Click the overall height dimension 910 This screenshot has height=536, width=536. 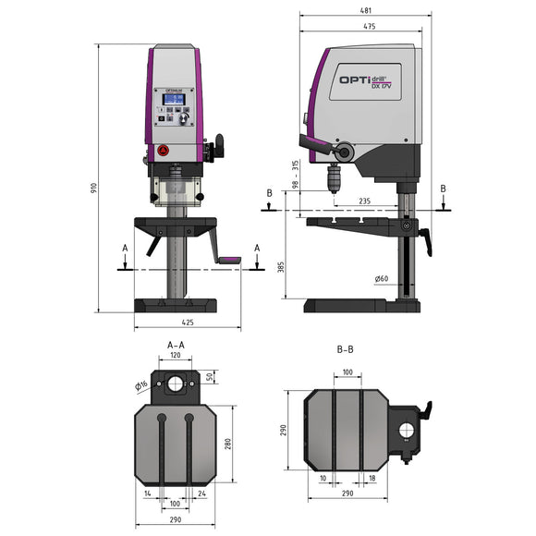(94, 188)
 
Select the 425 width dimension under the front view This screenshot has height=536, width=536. (188, 323)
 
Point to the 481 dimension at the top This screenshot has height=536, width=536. (367, 11)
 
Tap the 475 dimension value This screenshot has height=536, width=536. (368, 26)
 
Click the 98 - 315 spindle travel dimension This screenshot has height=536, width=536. (295, 177)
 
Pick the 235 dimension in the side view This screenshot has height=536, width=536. (364, 200)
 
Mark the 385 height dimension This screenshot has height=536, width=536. (279, 266)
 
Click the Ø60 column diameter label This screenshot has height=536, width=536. (383, 278)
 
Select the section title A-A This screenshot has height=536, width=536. (175, 345)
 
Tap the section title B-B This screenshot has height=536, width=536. (347, 350)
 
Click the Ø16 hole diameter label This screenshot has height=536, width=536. (141, 385)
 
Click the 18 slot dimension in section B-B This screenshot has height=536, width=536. (371, 479)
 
